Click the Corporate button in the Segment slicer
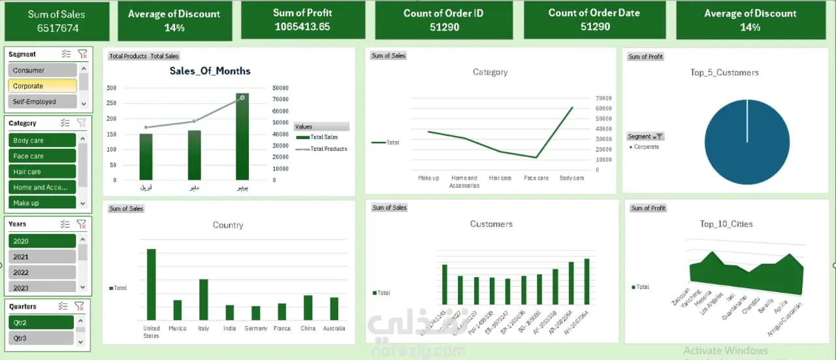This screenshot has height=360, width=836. (x=42, y=86)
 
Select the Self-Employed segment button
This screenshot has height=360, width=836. (x=42, y=102)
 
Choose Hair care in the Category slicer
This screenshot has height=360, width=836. (x=42, y=172)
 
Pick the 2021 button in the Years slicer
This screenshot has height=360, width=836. (x=42, y=257)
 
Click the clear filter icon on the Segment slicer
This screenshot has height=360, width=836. (x=82, y=54)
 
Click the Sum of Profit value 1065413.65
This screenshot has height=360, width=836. (x=302, y=27)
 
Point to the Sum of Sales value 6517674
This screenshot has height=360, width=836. (x=57, y=28)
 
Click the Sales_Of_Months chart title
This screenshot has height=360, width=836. (x=210, y=71)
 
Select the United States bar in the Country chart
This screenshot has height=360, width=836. (x=152, y=285)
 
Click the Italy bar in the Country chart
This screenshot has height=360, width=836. (x=204, y=300)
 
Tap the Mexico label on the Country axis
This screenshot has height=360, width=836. (x=178, y=329)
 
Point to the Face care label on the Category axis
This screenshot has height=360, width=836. (x=536, y=178)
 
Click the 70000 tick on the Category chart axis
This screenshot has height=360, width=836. (x=603, y=99)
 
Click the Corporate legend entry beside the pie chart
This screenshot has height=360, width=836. (x=646, y=147)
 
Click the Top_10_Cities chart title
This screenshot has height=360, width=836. (x=726, y=224)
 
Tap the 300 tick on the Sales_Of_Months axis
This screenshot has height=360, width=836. (x=111, y=88)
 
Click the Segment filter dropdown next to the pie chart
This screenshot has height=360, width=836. (x=659, y=137)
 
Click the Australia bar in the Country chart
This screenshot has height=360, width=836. (x=334, y=308)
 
